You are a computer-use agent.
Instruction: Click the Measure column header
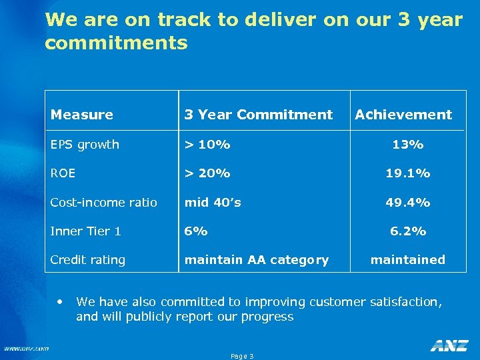82,115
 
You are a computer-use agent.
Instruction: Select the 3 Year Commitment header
258,115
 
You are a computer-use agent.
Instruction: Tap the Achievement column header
403,115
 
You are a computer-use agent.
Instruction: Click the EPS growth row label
85,145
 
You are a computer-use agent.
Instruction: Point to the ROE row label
63,173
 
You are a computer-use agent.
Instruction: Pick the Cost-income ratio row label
104,203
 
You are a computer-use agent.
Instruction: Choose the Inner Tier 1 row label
86,231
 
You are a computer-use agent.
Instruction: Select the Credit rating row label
88,260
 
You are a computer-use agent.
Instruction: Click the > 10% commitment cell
207,145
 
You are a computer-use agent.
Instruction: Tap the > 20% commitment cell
207,173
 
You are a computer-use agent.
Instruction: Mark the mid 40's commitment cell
213,203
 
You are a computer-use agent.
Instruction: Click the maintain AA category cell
257,260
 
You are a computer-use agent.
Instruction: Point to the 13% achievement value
408,145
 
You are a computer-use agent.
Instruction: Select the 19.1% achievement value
408,173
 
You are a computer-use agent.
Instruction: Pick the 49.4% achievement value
408,203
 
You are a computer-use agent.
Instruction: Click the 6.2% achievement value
408,231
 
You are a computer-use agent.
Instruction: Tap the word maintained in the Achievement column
408,260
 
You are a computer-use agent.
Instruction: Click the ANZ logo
449,345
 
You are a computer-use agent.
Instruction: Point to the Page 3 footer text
242,356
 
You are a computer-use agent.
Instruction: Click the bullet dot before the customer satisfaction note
61,301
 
